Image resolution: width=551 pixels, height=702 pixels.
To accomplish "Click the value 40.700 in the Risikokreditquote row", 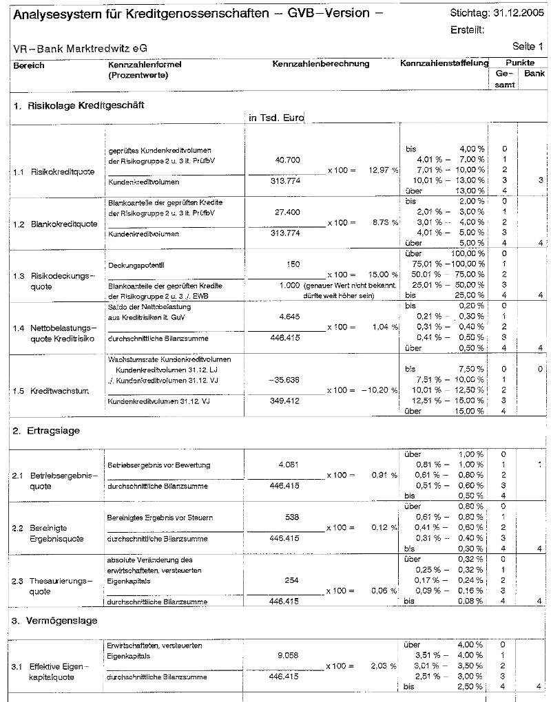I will tap(287, 160).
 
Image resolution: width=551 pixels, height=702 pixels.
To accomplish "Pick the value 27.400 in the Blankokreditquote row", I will tap(287, 213).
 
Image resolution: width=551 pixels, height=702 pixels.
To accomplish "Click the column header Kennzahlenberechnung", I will tap(321, 64).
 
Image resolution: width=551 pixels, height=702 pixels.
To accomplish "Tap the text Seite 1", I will tap(528, 47).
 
